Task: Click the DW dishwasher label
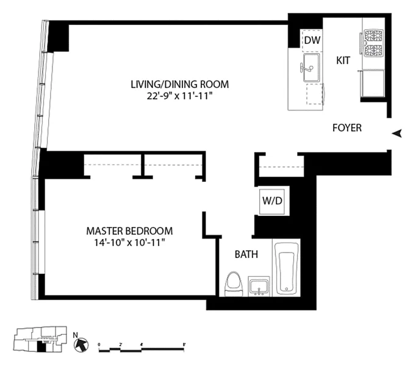[x=312, y=41]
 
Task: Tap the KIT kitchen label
[x=342, y=60]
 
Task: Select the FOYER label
[x=346, y=128]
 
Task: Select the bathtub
[x=286, y=268]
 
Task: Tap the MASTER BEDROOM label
[x=129, y=231]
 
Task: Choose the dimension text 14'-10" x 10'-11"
[x=129, y=242]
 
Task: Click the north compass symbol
[x=80, y=343]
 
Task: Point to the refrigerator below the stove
[x=373, y=82]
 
